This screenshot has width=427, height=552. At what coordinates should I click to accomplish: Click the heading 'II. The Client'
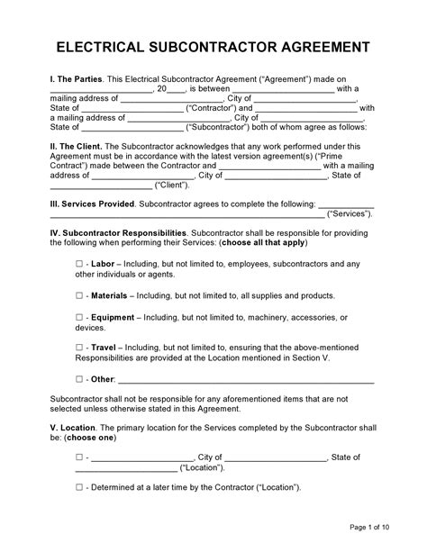76,143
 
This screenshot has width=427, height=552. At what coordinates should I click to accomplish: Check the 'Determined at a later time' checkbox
79,487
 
